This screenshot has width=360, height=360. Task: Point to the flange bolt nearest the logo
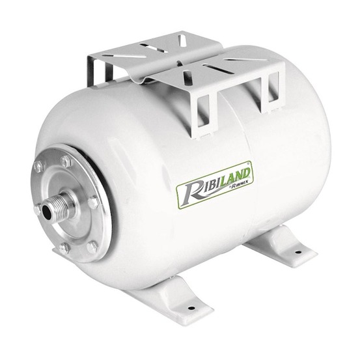click(92, 204)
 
